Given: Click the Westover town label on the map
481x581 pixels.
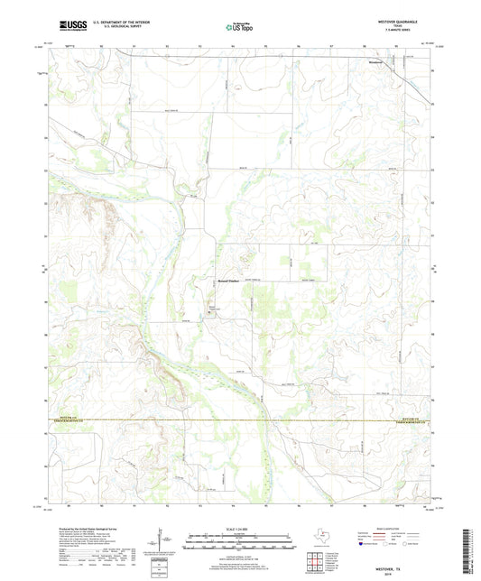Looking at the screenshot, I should tap(376, 63).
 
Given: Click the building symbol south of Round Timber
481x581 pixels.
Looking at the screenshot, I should tap(212, 314).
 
